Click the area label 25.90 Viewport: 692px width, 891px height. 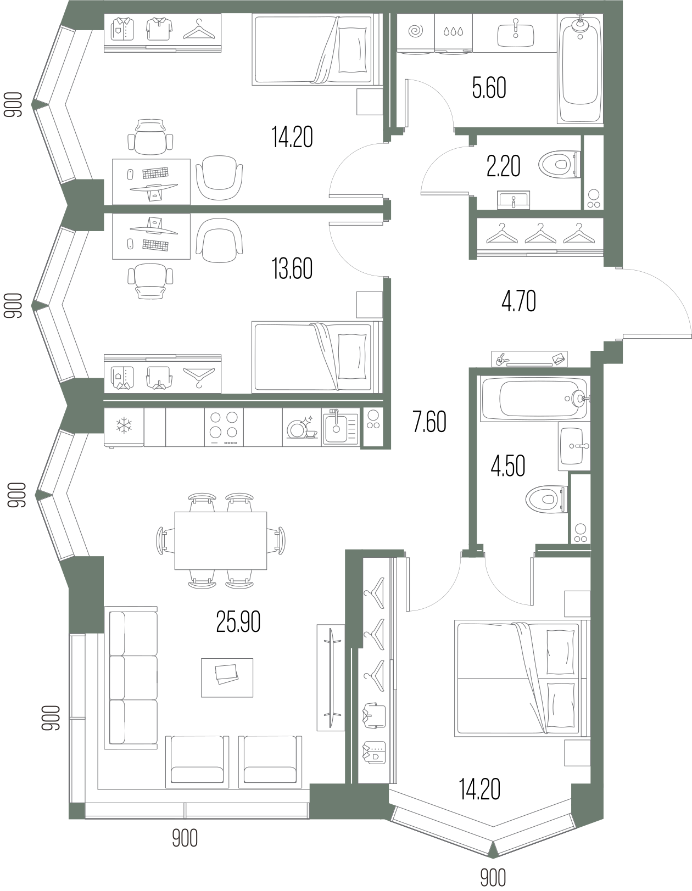click(x=238, y=623)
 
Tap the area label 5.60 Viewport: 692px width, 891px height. click(x=489, y=88)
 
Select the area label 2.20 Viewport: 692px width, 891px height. click(x=503, y=166)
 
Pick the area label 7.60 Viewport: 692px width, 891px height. click(x=429, y=422)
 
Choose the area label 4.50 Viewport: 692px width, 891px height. click(x=508, y=466)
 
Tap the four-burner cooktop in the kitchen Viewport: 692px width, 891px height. click(x=224, y=427)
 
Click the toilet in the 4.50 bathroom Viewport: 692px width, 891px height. click(x=546, y=499)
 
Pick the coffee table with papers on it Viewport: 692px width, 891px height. click(x=227, y=677)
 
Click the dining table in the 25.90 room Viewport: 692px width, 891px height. click(x=221, y=540)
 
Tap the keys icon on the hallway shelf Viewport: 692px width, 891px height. click(x=501, y=360)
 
